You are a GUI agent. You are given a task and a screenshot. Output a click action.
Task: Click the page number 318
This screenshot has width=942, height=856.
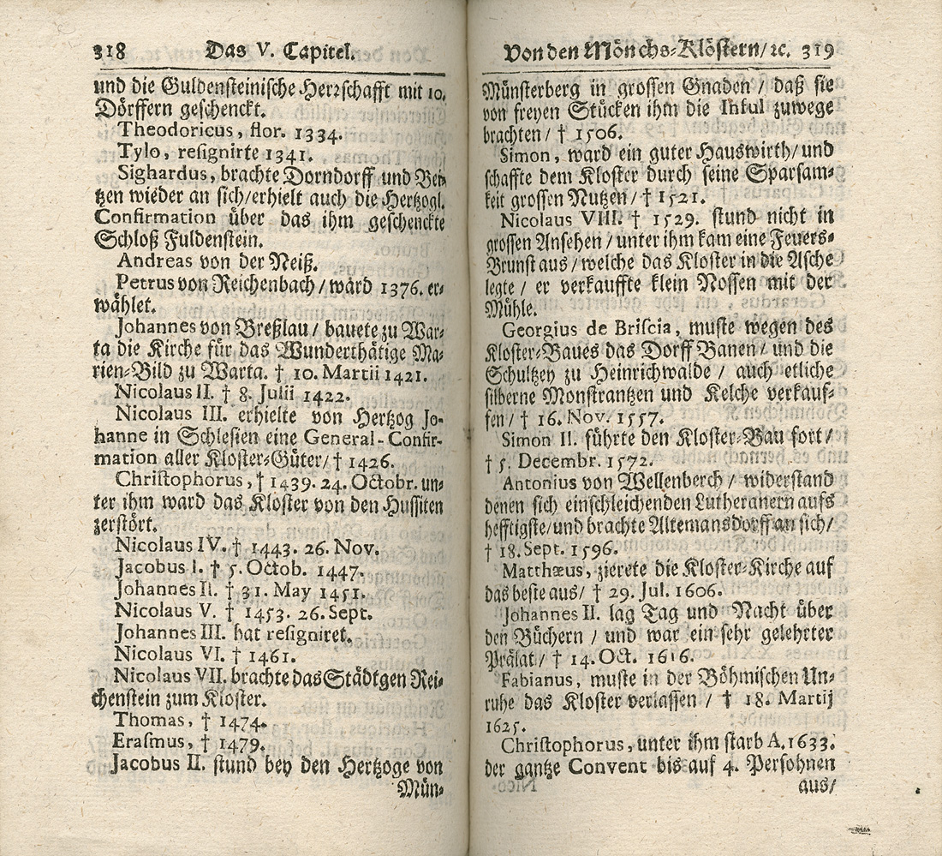[109, 51]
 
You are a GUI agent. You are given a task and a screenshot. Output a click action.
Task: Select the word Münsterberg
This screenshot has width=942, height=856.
[537, 87]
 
